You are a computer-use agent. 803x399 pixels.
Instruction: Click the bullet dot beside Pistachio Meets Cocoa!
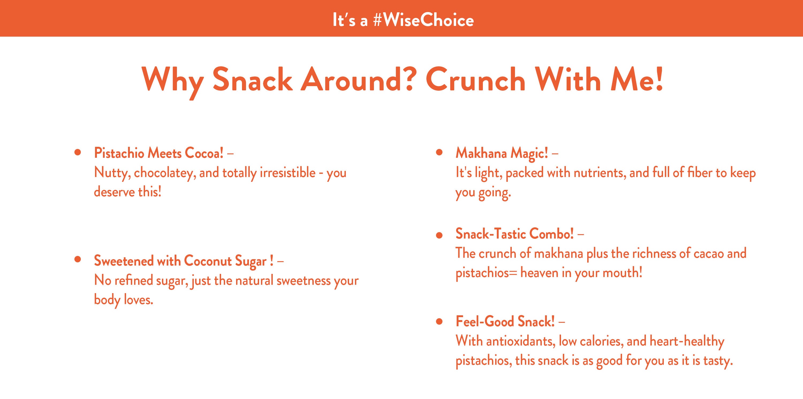click(x=78, y=153)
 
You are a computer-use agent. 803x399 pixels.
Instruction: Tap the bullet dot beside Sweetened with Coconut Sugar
click(x=78, y=259)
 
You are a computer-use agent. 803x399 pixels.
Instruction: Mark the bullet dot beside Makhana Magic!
click(x=440, y=153)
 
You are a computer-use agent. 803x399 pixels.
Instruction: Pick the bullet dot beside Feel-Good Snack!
click(x=440, y=321)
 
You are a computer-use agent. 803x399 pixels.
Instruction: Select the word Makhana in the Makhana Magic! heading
click(x=481, y=153)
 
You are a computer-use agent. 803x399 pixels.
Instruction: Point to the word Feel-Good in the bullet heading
click(x=485, y=321)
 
